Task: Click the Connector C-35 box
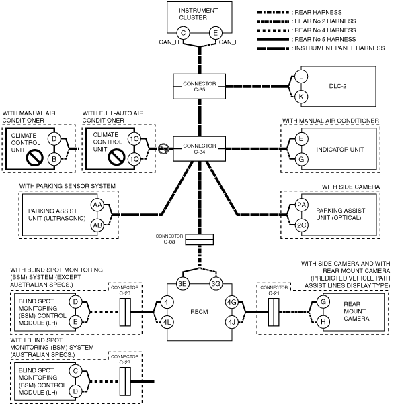click(199, 87)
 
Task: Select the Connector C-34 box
click(199, 148)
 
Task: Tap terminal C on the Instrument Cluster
click(183, 33)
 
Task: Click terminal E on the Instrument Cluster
click(216, 33)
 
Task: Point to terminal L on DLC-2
click(301, 77)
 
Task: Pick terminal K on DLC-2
click(301, 97)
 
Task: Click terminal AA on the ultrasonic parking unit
click(97, 205)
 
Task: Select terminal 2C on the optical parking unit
click(301, 225)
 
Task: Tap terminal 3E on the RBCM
click(183, 283)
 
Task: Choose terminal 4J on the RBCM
click(232, 322)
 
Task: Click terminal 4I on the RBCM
click(167, 302)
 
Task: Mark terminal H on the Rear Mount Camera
click(323, 322)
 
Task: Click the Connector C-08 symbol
click(200, 240)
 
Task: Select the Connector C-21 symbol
click(274, 312)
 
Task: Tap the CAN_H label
click(169, 42)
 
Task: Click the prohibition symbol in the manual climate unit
click(35, 158)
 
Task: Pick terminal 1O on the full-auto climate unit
click(134, 139)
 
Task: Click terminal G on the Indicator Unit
click(301, 159)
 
